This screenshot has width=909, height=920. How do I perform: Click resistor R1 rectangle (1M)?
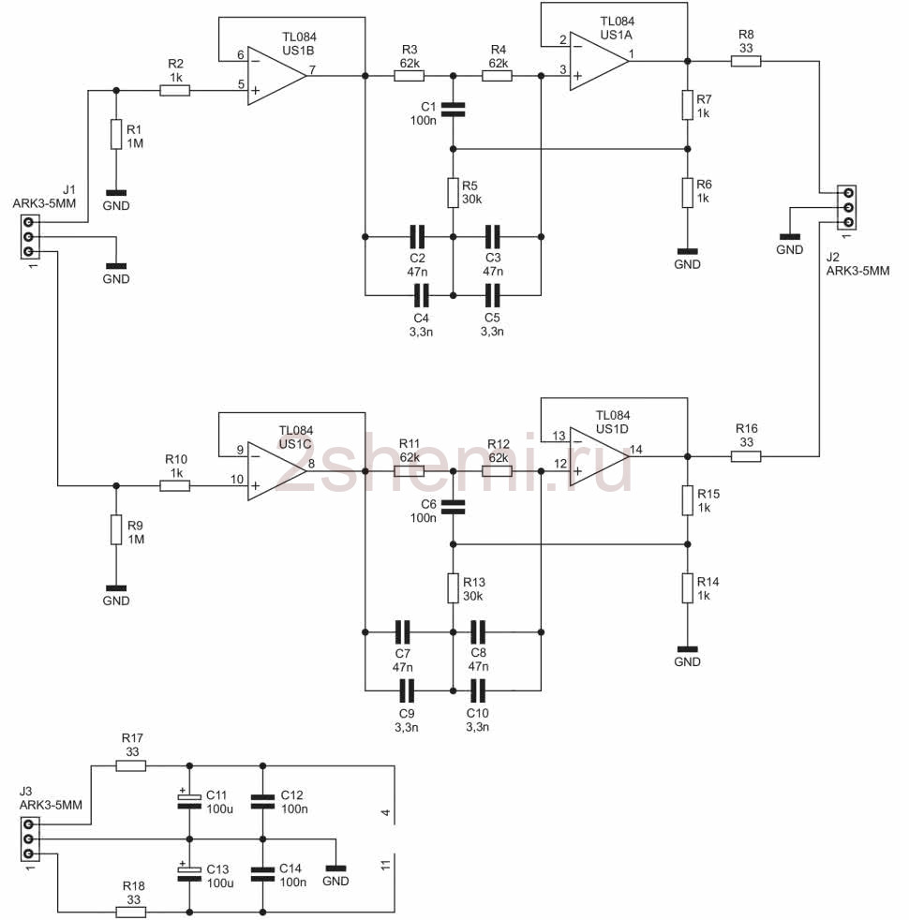116,134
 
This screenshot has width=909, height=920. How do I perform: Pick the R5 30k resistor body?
453,192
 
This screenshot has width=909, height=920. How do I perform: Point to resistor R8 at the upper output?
746,61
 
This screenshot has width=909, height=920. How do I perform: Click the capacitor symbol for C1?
453,109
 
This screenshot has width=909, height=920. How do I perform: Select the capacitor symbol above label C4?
422,295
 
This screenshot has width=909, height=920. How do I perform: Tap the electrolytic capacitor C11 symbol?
189,801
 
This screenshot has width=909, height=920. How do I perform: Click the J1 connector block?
29,237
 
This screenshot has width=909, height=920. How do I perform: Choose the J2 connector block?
847,208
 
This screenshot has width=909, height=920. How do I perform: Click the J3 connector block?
29,839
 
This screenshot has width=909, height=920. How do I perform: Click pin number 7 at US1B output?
312,70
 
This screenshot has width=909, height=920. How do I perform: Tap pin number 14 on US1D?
636,450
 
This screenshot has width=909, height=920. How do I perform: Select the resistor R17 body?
131,765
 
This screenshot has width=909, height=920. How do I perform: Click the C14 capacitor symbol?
262,874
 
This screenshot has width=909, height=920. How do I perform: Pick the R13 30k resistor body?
453,588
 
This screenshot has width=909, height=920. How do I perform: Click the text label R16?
747,429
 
